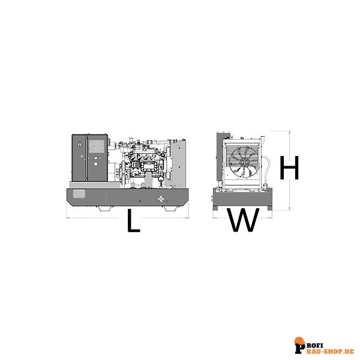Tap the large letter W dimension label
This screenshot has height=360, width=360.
(244, 220)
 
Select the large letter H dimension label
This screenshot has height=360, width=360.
(289, 167)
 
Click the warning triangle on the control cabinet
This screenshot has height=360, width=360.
(79, 144)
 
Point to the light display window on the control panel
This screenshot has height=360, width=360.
(97, 146)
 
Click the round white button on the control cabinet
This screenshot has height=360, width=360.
(96, 164)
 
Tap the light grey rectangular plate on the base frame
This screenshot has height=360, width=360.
(79, 194)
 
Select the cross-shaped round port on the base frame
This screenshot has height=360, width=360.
(161, 199)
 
